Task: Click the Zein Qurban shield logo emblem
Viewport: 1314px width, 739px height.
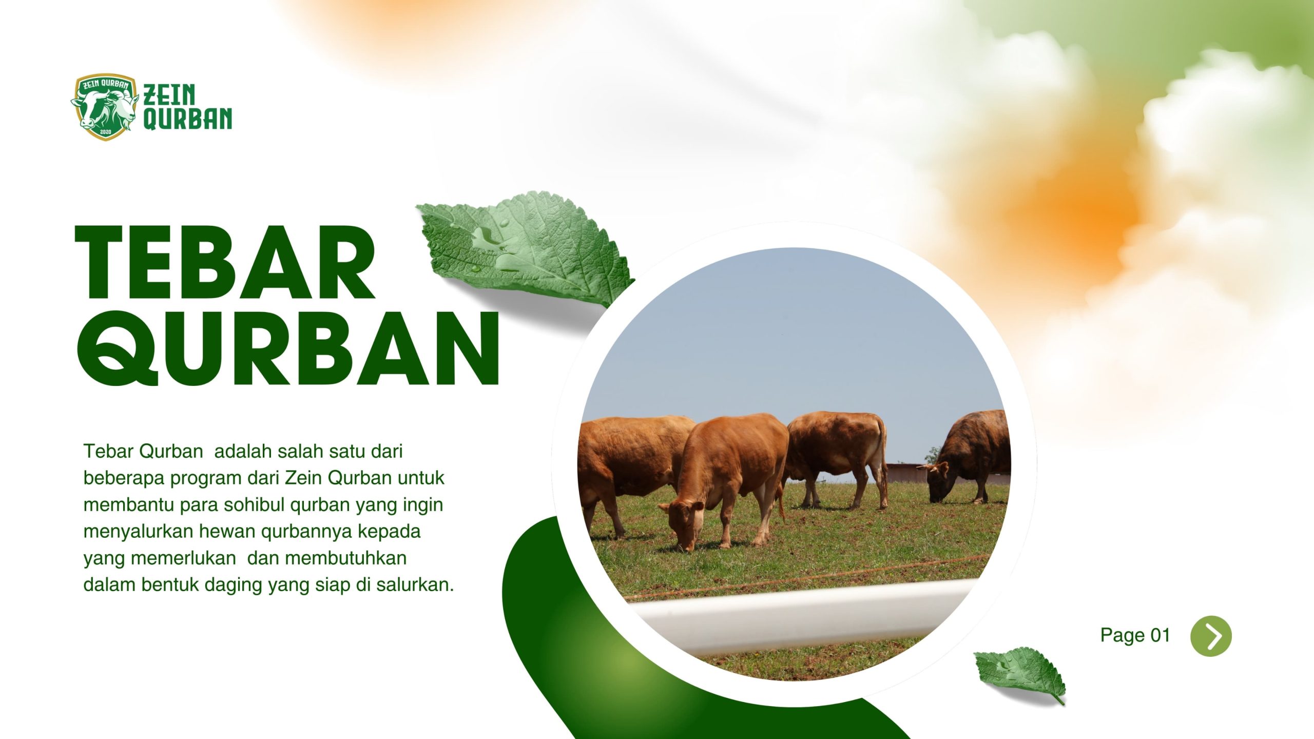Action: pyautogui.click(x=105, y=107)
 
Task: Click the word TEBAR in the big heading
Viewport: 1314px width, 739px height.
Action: pyautogui.click(x=225, y=262)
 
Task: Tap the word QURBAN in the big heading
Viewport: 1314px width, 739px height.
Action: pyautogui.click(x=288, y=348)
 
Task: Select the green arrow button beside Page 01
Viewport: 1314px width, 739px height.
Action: pyautogui.click(x=1211, y=636)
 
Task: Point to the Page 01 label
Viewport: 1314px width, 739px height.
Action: pyautogui.click(x=1135, y=635)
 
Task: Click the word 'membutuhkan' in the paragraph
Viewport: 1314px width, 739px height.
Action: pyautogui.click(x=346, y=558)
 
